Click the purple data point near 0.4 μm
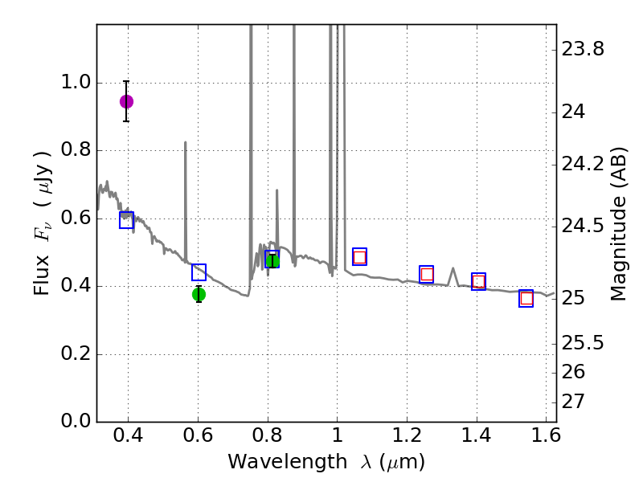(x=126, y=101)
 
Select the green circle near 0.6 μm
(x=199, y=295)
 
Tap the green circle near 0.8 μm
(x=272, y=260)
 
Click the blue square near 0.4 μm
(x=126, y=220)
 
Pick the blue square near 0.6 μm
(x=199, y=272)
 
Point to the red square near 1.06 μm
(x=359, y=257)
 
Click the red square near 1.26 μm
(x=427, y=274)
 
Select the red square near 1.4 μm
(x=478, y=281)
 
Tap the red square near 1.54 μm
(x=526, y=299)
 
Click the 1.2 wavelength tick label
(x=407, y=438)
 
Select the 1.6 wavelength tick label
(x=546, y=438)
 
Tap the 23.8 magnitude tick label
(x=584, y=50)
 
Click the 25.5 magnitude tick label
(x=584, y=343)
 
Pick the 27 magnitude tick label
(x=575, y=401)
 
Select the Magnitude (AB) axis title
(x=618, y=223)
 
